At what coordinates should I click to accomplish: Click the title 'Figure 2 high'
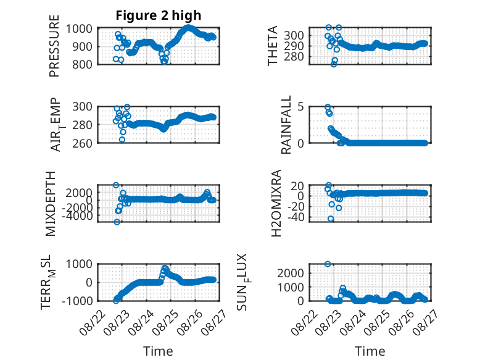pos(159,15)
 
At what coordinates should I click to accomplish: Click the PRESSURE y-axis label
pos(54,46)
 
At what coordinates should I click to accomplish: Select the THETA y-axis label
pos(272,46)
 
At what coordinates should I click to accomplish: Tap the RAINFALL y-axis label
pos(286,125)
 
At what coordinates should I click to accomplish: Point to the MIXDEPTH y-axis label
pos(51,204)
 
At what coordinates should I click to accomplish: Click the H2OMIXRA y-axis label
pos(276,203)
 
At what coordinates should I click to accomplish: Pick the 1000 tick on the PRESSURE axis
pos(79,28)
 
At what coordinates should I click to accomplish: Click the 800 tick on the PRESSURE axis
pos(82,64)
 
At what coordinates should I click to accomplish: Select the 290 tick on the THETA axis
pos(294,46)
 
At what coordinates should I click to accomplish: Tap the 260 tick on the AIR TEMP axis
pos(82,143)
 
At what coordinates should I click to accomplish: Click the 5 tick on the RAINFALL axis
pos(300,107)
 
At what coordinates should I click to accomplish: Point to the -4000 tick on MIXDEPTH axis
pos(79,216)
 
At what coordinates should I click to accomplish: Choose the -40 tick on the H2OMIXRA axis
pos(294,217)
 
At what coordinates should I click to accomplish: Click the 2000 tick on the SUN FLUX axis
pos(291,273)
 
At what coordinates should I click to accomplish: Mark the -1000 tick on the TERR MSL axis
pos(77,301)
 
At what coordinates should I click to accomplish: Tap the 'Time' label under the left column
pos(159,351)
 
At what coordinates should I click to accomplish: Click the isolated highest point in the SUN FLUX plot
pos(328,264)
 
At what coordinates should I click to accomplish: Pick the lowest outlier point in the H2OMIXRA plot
pos(331,219)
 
